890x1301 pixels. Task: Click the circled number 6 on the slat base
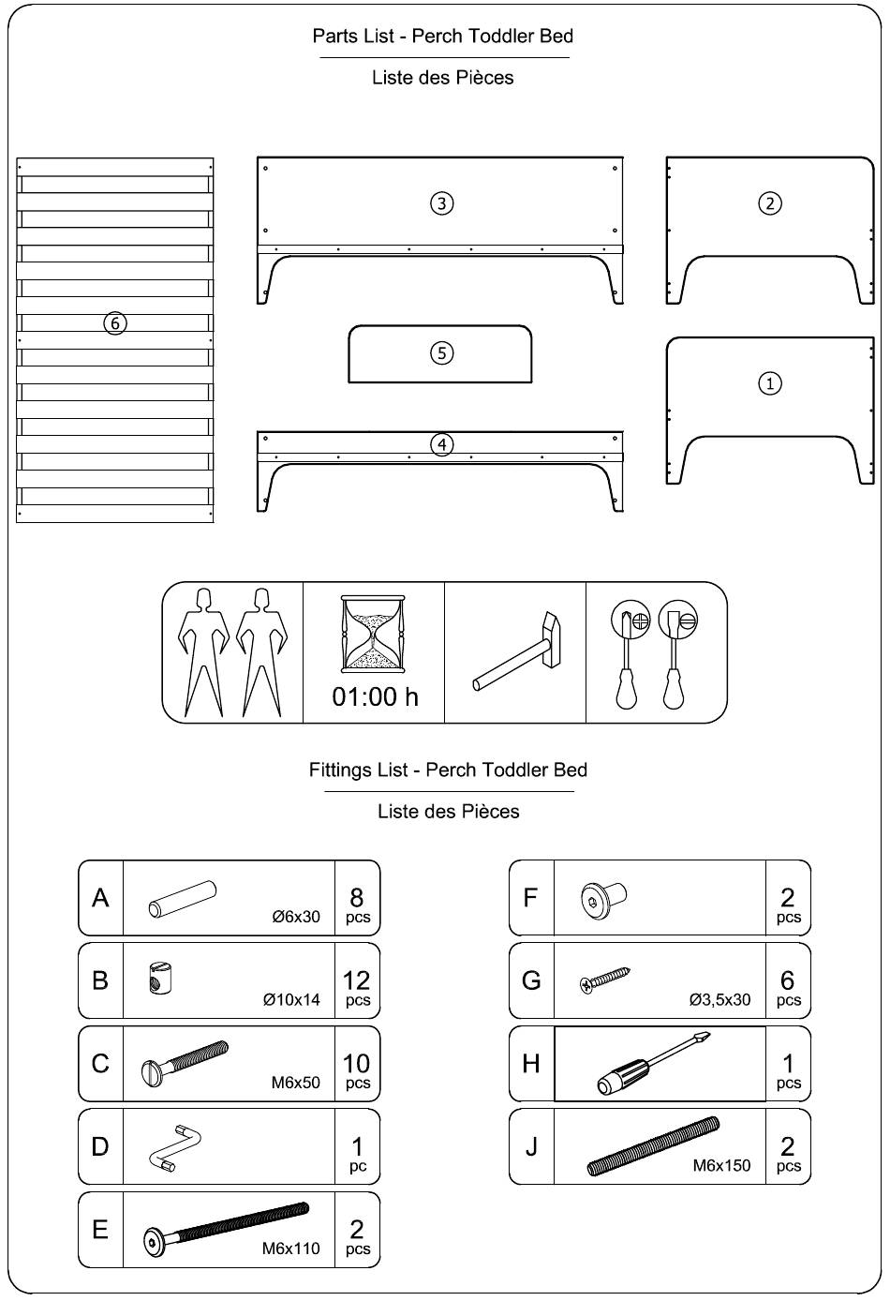coord(114,323)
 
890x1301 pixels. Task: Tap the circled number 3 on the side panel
coord(441,203)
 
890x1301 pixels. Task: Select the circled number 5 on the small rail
coord(441,352)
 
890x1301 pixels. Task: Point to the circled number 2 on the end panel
coord(770,203)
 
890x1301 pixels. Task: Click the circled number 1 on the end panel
coord(770,383)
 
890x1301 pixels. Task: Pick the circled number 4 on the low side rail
coord(441,445)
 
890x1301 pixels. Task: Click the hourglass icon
coord(373,634)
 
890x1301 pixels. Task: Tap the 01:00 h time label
coord(375,696)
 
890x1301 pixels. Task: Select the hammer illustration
coord(516,651)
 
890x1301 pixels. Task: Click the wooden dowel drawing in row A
coord(183,899)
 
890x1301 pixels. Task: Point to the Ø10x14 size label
coord(291,999)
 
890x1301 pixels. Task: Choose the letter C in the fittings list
coord(100,1064)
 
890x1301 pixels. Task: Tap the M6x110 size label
coord(290,1248)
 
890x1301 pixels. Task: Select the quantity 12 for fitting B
coord(356,980)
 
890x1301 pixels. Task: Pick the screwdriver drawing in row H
coord(654,1063)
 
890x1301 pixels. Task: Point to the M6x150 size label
coord(721,1165)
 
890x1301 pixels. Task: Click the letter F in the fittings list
coord(530,897)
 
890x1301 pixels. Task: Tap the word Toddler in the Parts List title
coord(502,36)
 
